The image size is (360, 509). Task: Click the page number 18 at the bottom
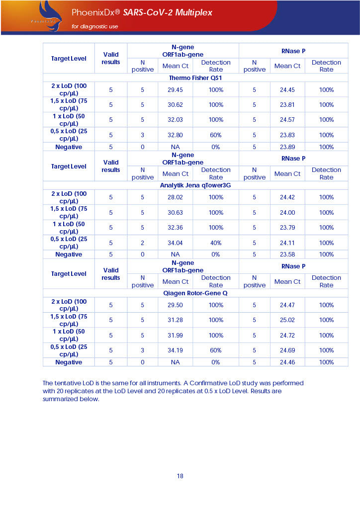tap(180, 476)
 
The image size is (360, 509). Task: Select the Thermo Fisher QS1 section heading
tap(195, 78)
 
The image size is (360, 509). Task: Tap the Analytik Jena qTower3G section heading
tap(195, 185)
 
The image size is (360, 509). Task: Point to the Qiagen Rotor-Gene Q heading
tap(195, 293)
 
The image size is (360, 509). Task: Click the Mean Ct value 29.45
tap(175, 90)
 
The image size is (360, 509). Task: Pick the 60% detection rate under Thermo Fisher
tap(216, 135)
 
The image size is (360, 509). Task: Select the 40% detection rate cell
tap(216, 243)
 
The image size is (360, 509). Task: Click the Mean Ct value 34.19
tap(175, 350)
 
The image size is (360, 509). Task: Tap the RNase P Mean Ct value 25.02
tap(287, 320)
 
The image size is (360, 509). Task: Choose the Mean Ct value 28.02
tap(175, 197)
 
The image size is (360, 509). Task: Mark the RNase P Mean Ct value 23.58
tap(287, 254)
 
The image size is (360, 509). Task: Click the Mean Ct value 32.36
tap(175, 228)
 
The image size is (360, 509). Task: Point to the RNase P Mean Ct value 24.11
tap(287, 243)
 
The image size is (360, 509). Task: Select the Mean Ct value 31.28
tap(175, 320)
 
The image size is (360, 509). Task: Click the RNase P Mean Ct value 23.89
tap(287, 147)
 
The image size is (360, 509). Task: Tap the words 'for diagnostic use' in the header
tap(95, 26)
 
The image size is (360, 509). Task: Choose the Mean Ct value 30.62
tap(175, 105)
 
